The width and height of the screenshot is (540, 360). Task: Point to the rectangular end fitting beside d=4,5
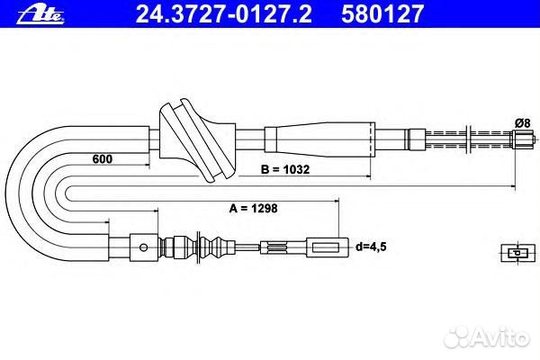pyautogui.click(x=328, y=245)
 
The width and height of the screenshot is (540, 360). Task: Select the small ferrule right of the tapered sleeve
pyautogui.click(x=416, y=140)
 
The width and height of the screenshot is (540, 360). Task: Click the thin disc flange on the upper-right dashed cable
pyautogui.click(x=473, y=139)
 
